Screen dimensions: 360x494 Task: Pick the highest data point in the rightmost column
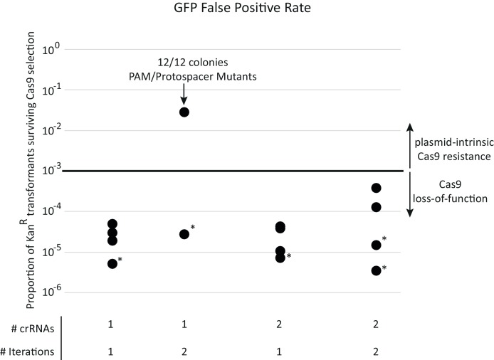pyautogui.click(x=377, y=188)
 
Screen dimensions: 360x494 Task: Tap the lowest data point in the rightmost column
pyautogui.click(x=377, y=270)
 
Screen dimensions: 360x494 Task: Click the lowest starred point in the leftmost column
pyautogui.click(x=112, y=264)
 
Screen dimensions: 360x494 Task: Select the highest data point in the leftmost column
pyautogui.click(x=112, y=224)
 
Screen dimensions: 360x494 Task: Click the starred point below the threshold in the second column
pyautogui.click(x=184, y=234)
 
